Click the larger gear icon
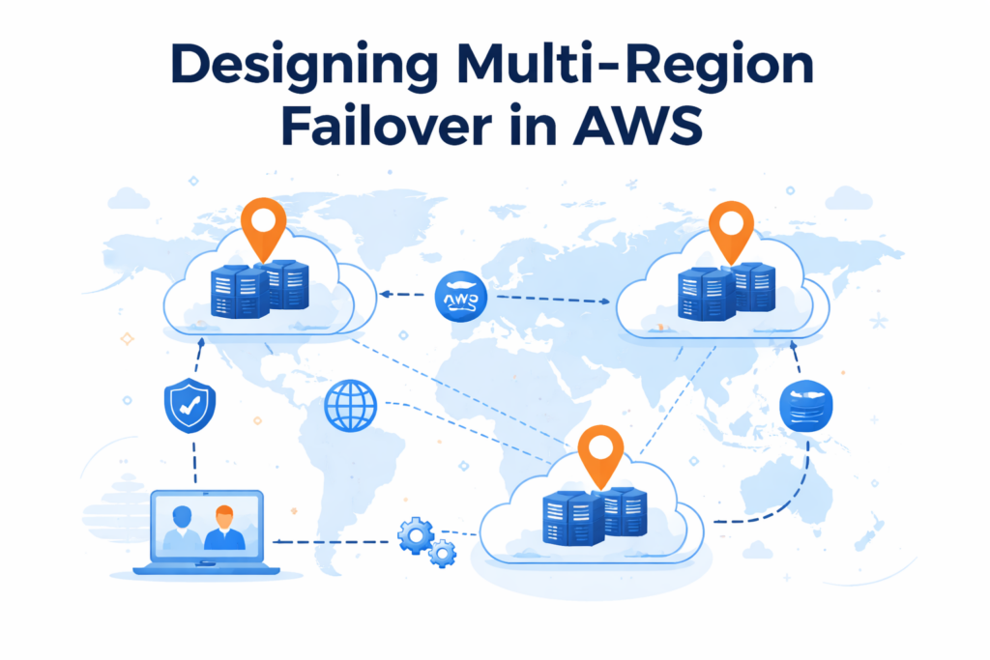coord(416,534)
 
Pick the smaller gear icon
coord(443,554)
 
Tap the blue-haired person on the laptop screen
coord(182,528)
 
